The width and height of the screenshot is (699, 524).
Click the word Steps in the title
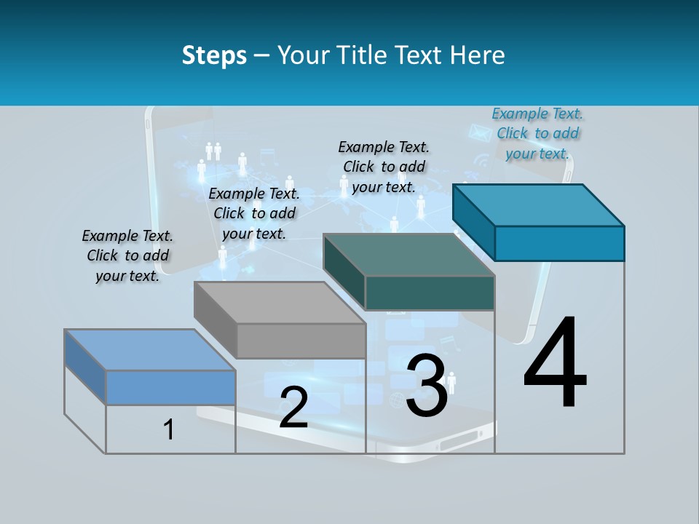[x=214, y=55]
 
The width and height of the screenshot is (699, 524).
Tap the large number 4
[x=555, y=364]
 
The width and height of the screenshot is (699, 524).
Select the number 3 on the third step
[x=427, y=386]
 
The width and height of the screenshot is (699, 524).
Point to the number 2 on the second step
[x=293, y=408]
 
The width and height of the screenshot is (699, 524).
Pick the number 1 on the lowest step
[x=169, y=430]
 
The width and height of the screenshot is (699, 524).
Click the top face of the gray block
[x=280, y=303]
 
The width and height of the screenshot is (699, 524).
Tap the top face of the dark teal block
[x=409, y=255]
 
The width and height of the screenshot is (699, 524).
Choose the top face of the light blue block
[x=150, y=350]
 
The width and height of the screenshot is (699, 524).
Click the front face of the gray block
[x=301, y=341]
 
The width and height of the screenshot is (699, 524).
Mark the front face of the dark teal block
[x=430, y=293]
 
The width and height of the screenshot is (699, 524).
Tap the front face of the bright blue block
[x=559, y=243]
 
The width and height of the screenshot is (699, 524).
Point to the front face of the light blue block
[x=170, y=387]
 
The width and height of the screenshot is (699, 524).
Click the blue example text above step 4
[x=537, y=133]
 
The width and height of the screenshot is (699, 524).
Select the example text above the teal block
[x=384, y=167]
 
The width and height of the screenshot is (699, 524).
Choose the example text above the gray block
[x=254, y=213]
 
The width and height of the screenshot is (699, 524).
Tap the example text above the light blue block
[x=127, y=255]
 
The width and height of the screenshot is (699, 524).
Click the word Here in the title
[x=478, y=55]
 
